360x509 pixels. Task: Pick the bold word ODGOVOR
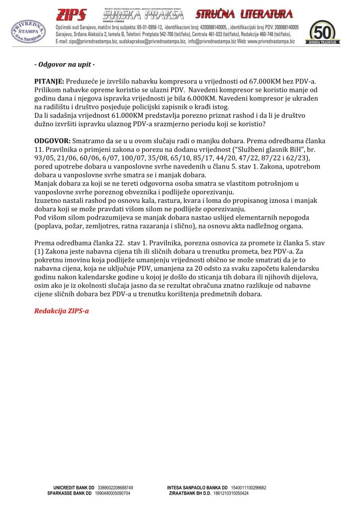[52, 142]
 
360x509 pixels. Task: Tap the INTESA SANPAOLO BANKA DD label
[197, 488]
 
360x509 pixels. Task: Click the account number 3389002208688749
[115, 488]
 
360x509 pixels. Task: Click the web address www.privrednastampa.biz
[271, 43]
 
